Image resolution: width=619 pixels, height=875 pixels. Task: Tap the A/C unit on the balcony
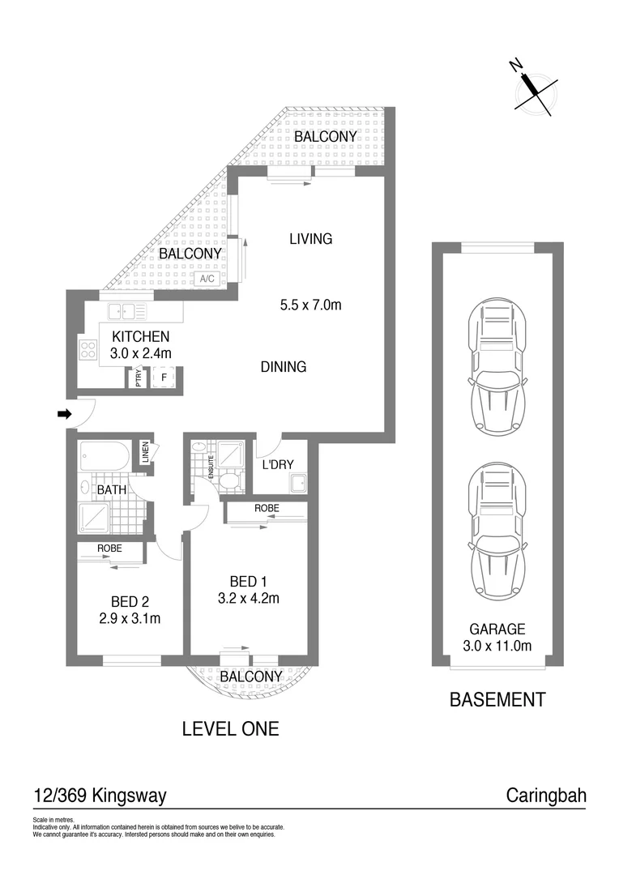206,279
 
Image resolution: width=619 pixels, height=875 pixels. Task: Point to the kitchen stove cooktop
88,349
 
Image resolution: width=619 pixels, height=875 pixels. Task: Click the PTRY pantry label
139,378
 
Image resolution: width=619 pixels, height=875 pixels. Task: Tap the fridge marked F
164,378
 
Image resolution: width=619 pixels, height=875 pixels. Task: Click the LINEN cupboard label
146,452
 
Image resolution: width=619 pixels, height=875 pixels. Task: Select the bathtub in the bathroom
103,457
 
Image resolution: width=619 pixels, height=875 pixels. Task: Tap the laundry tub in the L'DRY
296,484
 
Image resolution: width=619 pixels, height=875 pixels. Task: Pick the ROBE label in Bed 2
109,548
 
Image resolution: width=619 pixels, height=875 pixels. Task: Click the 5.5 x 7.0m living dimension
310,305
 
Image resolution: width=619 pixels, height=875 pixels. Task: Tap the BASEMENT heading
497,699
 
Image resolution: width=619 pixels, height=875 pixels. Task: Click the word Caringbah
545,796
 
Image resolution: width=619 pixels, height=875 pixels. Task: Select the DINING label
284,367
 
